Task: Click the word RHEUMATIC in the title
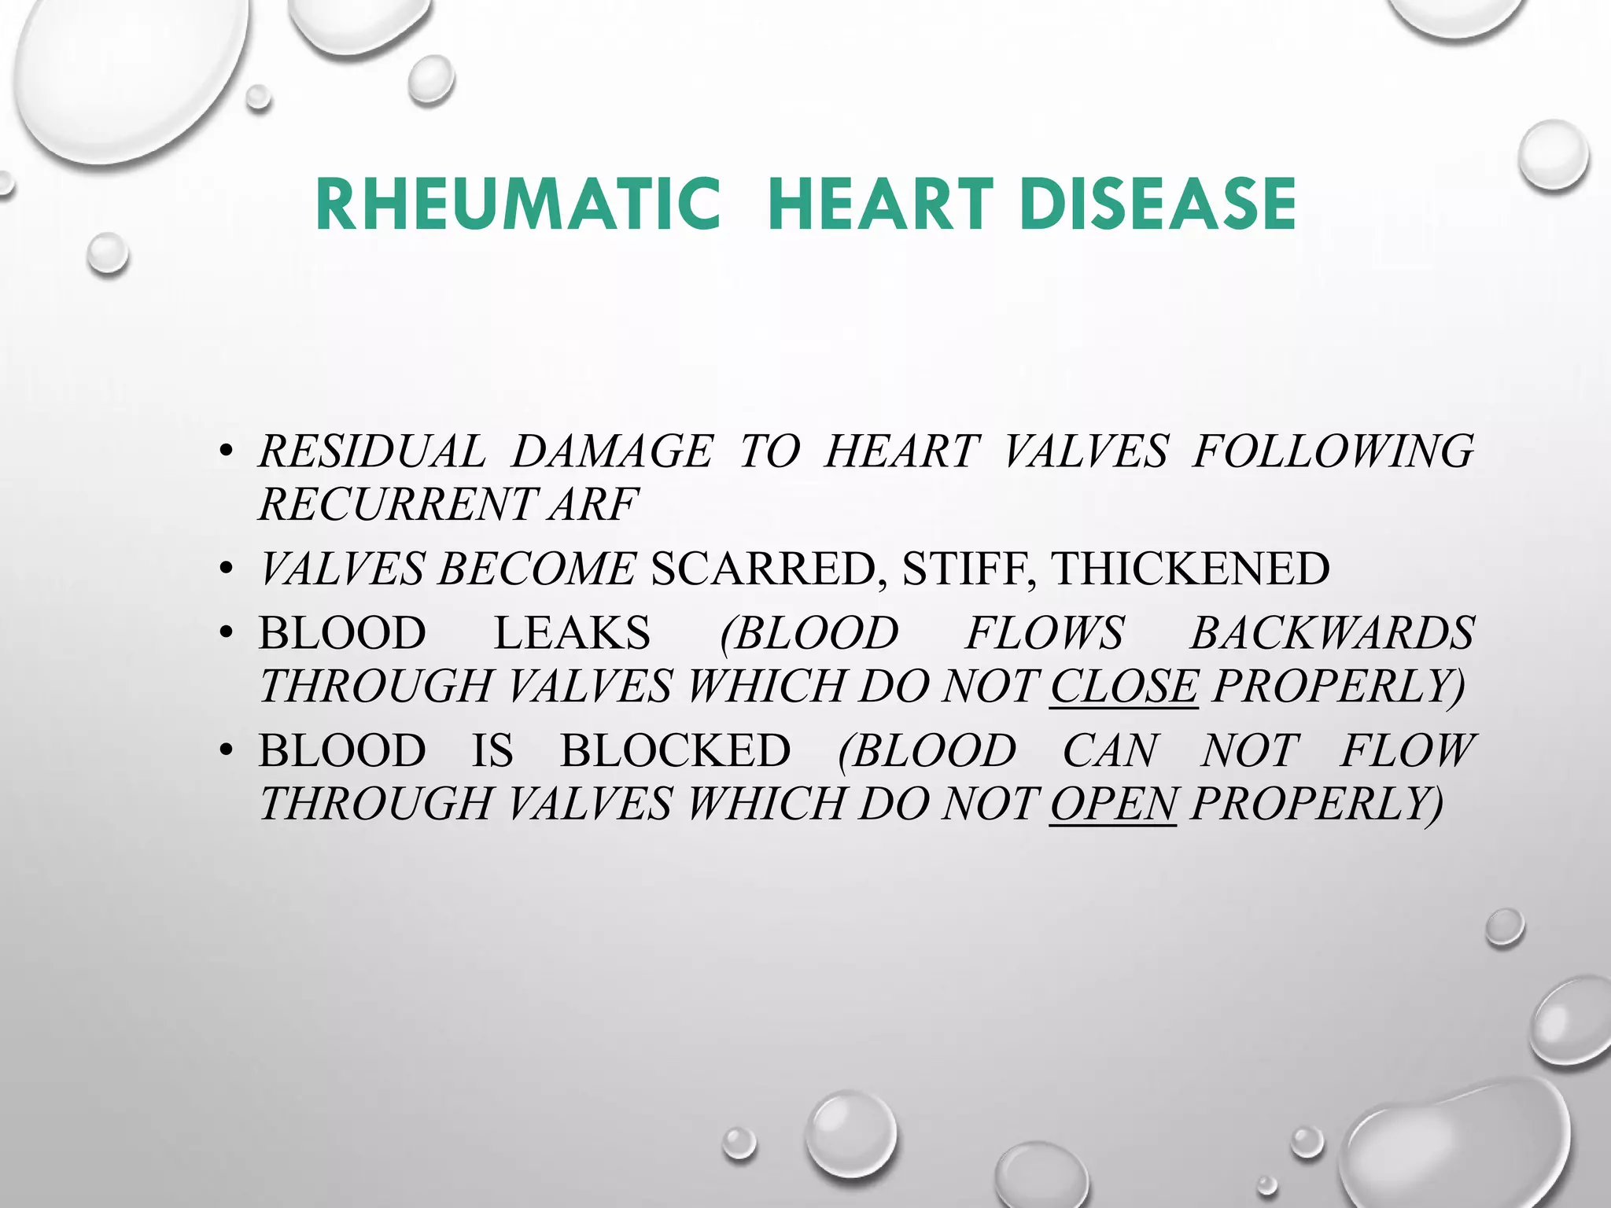(x=517, y=204)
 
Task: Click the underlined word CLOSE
(x=1124, y=686)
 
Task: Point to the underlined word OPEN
(x=1113, y=803)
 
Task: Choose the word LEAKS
(x=572, y=633)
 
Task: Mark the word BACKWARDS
(x=1332, y=633)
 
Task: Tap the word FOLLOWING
(x=1333, y=451)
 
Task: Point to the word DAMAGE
(x=611, y=451)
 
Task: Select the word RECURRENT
(x=396, y=504)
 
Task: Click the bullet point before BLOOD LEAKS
(x=227, y=634)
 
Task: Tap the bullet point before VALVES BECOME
(x=227, y=569)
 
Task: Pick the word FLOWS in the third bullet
(x=1045, y=633)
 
